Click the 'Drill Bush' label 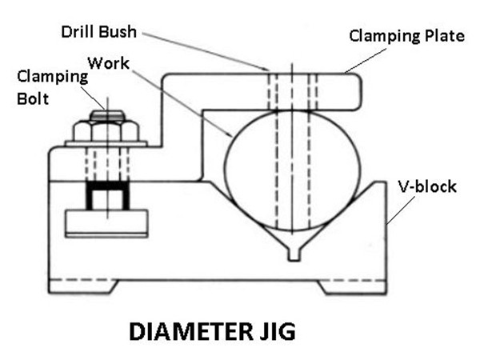click(99, 32)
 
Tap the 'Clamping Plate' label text click(407, 37)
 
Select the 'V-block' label click(427, 186)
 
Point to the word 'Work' click(109, 63)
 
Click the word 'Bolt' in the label click(33, 98)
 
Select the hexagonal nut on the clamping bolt click(106, 130)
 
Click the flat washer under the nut click(106, 143)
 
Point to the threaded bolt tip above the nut click(107, 115)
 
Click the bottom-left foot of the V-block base click(83, 287)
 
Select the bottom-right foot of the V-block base click(351, 288)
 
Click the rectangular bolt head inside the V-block click(106, 223)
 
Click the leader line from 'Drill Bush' click(205, 51)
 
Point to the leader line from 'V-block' click(401, 210)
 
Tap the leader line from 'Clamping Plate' click(366, 60)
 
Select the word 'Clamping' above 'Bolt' click(52, 77)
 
